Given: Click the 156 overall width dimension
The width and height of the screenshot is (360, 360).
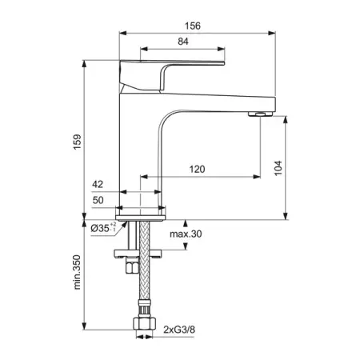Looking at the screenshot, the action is click(193, 26).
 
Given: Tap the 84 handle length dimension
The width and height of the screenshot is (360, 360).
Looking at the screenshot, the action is click(183, 42).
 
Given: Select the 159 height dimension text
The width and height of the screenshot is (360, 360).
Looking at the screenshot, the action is click(78, 142).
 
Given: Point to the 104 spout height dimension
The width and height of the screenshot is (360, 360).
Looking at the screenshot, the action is click(278, 168).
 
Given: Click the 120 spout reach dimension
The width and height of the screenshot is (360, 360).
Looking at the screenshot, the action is click(197, 169).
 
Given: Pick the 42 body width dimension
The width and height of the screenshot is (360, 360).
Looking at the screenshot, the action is click(98, 184).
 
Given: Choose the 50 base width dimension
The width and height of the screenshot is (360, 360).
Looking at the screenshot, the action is click(98, 200).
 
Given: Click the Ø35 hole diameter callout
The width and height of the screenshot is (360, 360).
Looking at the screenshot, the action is click(103, 228).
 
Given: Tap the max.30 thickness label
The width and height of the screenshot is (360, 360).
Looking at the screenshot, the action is click(186, 234).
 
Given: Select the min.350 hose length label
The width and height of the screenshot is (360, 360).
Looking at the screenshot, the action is click(77, 272).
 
